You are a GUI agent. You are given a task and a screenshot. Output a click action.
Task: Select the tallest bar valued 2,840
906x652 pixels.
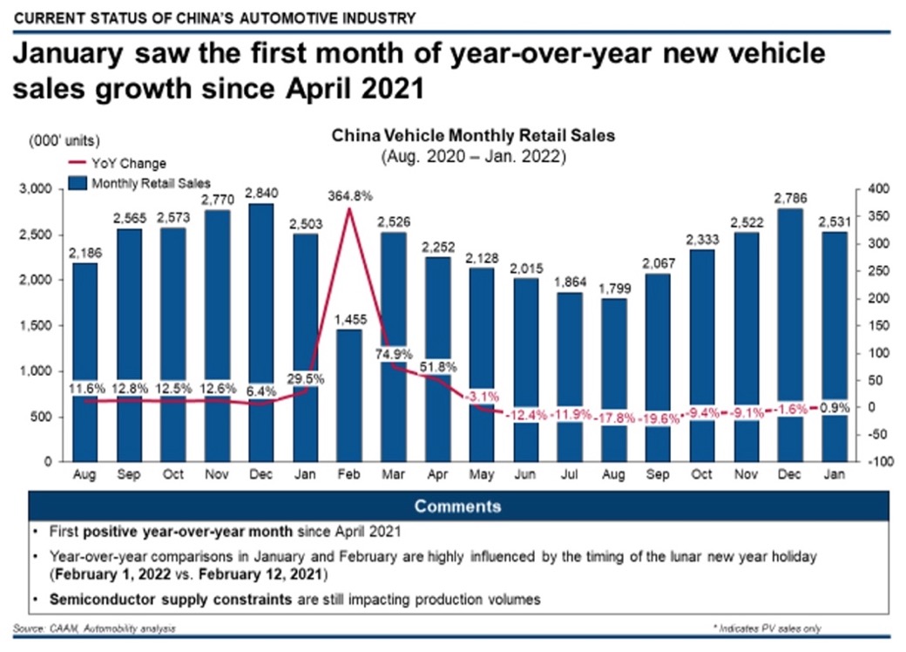click(x=260, y=331)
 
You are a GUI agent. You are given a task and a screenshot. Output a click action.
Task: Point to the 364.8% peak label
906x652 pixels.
click(x=349, y=195)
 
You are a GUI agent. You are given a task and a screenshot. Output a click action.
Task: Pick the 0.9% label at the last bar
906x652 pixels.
click(x=834, y=407)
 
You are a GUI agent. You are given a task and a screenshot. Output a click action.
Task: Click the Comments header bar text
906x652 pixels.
click(x=457, y=506)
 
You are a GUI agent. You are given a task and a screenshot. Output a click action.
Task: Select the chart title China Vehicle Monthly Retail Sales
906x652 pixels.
click(x=473, y=136)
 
